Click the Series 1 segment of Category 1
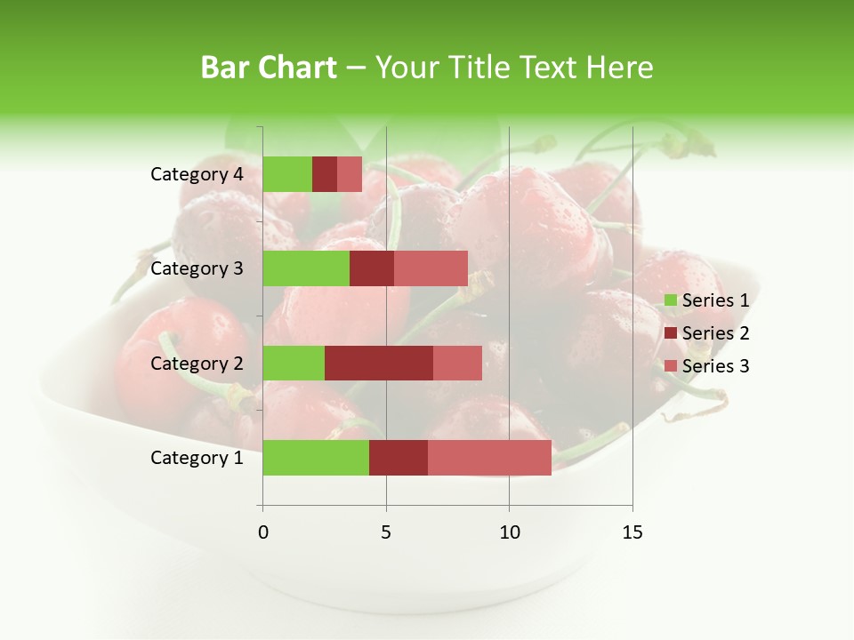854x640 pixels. [316, 457]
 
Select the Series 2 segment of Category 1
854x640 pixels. [399, 457]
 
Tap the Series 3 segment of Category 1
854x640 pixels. [489, 457]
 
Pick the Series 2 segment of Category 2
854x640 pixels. [379, 363]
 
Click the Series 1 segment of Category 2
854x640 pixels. [294, 363]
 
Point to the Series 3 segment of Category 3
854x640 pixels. [431, 268]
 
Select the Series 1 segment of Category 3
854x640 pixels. [306, 268]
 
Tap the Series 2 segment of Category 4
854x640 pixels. [325, 174]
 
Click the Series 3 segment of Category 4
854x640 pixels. [350, 174]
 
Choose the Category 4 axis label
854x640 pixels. [197, 174]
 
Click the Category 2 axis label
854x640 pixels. [197, 363]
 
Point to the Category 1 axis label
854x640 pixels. [197, 458]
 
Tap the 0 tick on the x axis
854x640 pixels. [263, 532]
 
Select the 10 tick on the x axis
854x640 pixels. [509, 532]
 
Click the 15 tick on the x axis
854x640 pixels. [632, 532]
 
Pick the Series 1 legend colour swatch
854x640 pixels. [670, 300]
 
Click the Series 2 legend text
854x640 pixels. [715, 333]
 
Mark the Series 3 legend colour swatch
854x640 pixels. [670, 366]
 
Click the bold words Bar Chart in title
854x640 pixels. [269, 67]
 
